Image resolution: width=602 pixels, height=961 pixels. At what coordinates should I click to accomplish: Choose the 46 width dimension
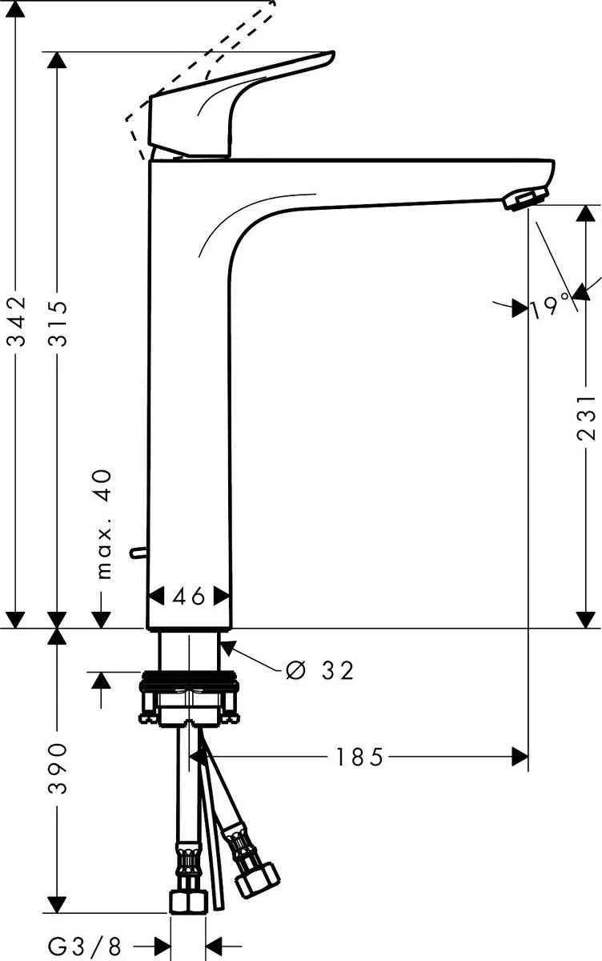(190, 596)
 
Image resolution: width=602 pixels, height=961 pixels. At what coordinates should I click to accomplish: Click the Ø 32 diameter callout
(319, 669)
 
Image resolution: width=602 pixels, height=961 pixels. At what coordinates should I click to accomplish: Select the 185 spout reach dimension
(359, 756)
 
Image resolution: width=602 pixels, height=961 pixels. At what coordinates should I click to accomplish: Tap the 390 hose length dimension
(58, 768)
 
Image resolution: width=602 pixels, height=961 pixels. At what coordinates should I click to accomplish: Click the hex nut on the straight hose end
(189, 902)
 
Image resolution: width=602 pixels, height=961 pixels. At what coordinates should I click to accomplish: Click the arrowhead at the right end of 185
(521, 756)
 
